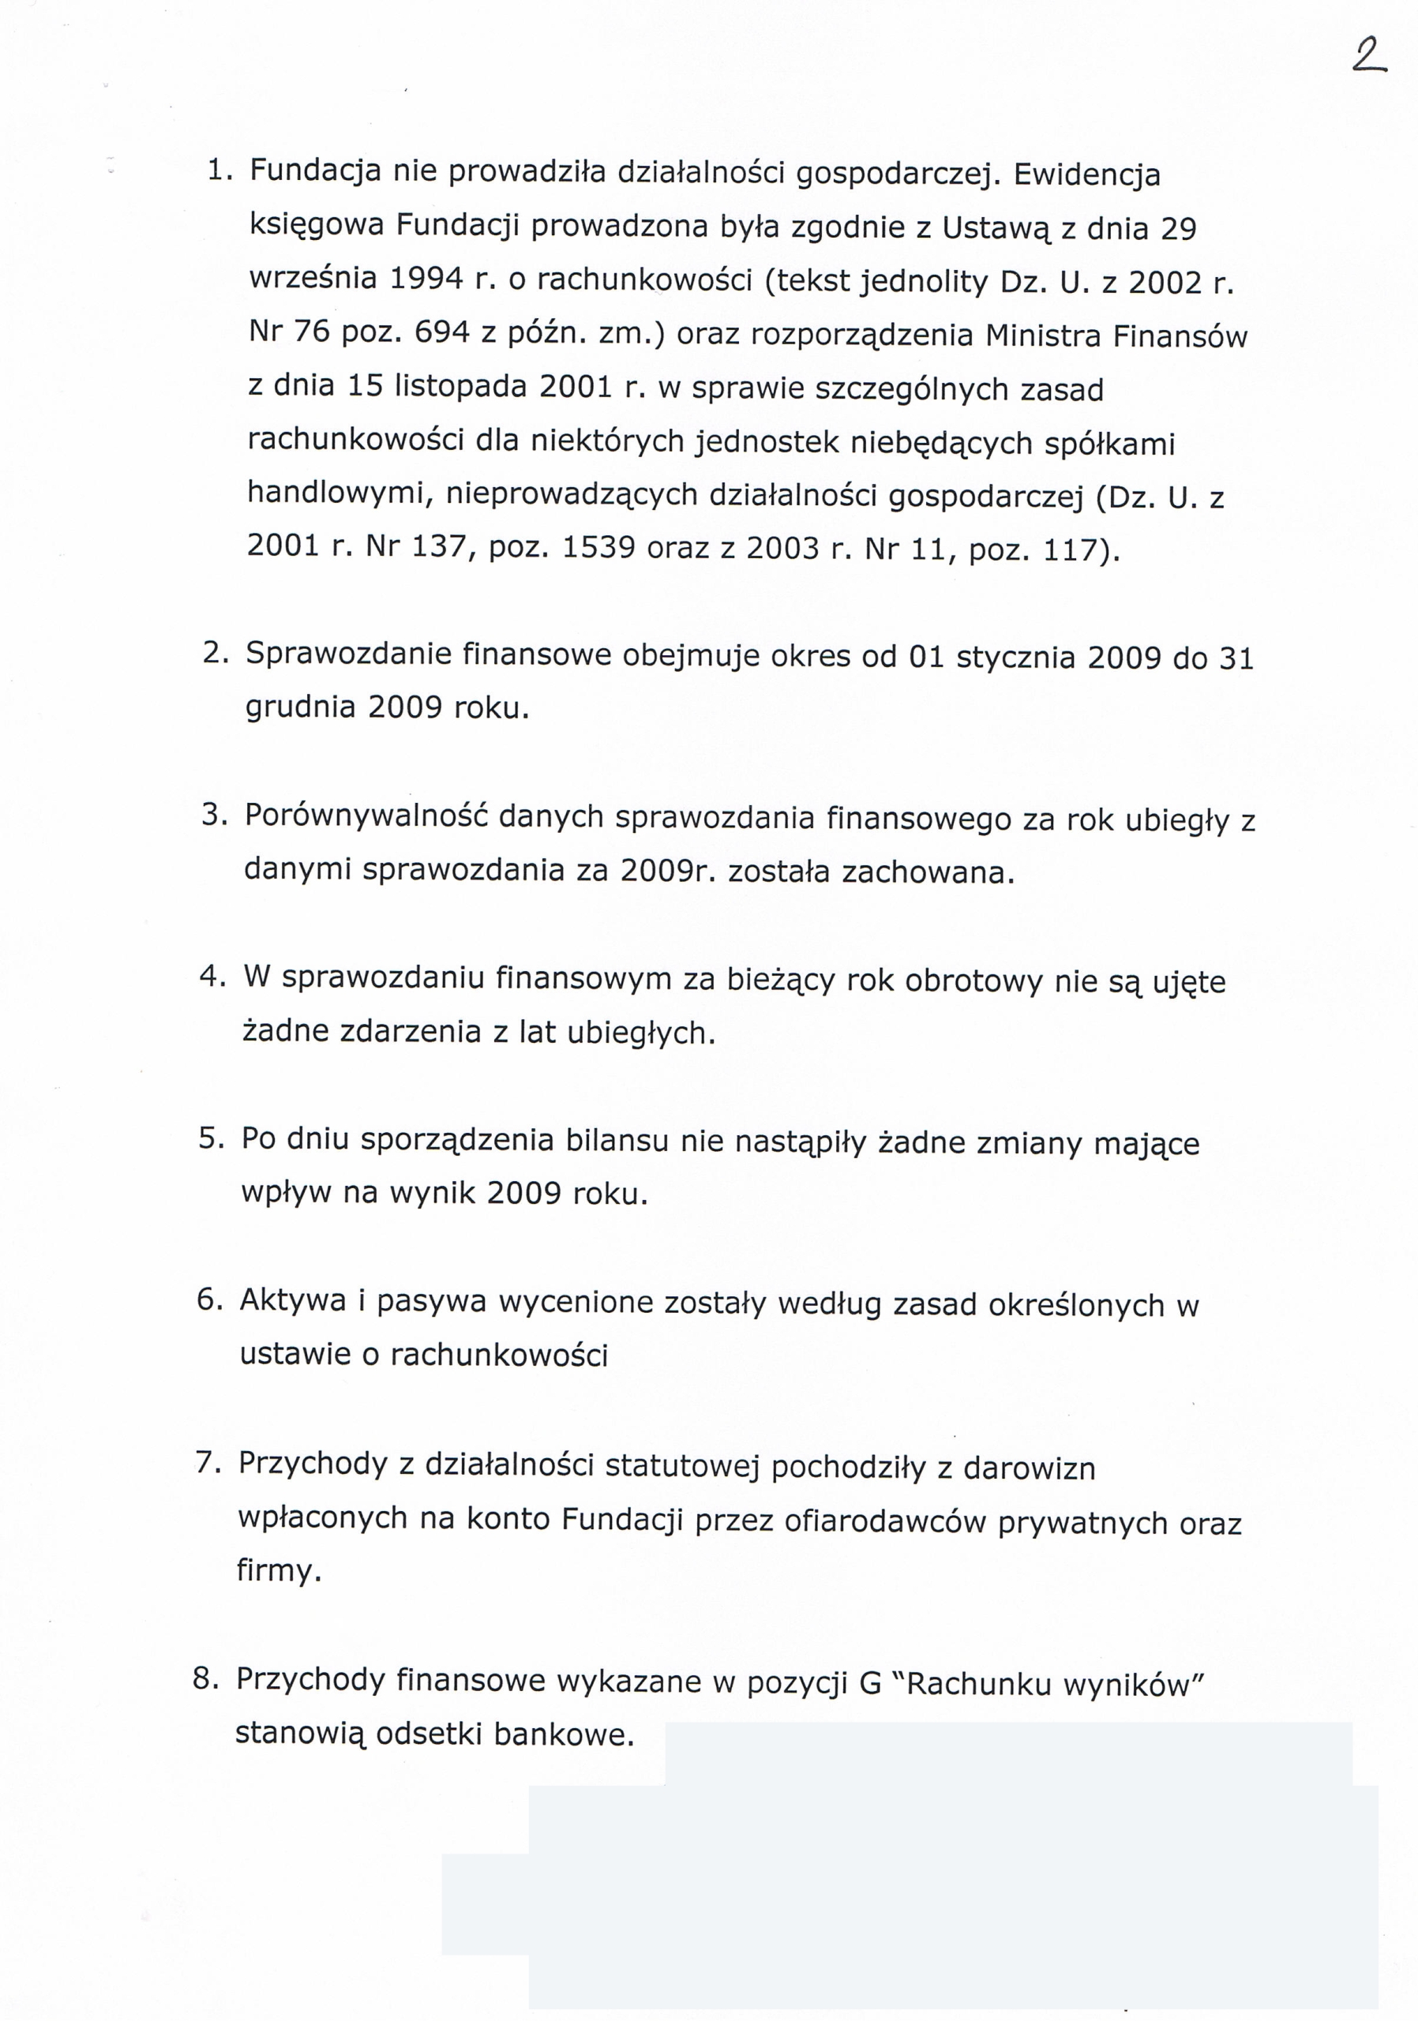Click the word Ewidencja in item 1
pyautogui.click(x=1087, y=175)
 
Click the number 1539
pyautogui.click(x=598, y=548)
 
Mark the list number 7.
pyautogui.click(x=206, y=1462)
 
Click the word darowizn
pyautogui.click(x=1029, y=1468)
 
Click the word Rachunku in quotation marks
pyautogui.click(x=978, y=1684)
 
